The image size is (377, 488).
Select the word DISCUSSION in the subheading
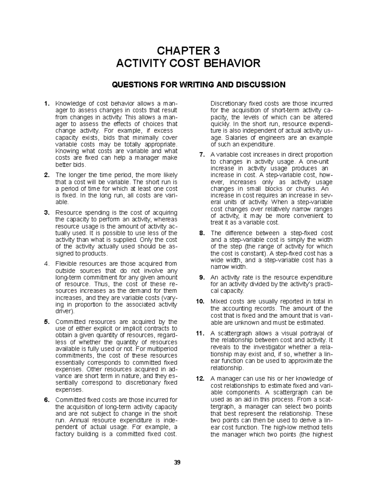[259, 85]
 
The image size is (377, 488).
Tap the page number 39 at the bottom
[178, 462]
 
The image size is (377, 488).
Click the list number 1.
[46, 103]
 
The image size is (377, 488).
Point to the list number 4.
[46, 264]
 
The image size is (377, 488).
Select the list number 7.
[202, 155]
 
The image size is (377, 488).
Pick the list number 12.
[200, 379]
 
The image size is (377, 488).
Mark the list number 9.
[202, 277]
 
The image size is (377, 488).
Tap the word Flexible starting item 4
[66, 264]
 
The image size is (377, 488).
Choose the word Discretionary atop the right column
[228, 103]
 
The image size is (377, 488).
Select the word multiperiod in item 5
[163, 349]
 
